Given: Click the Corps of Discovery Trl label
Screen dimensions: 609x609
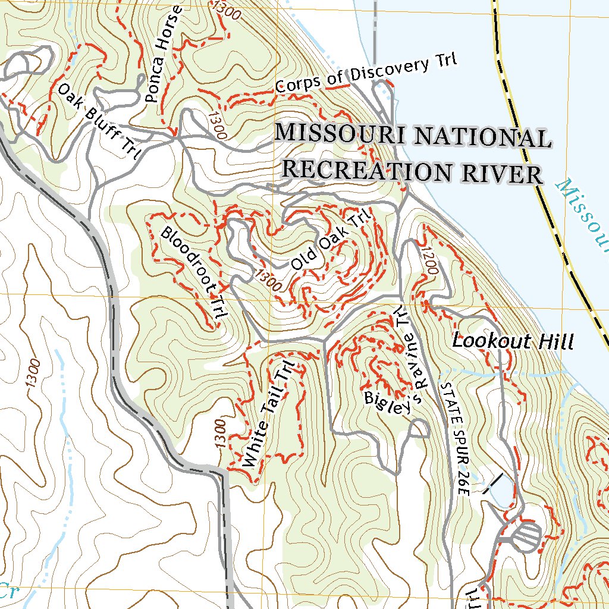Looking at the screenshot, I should pos(366,74).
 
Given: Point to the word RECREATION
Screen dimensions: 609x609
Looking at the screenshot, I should pos(365,170).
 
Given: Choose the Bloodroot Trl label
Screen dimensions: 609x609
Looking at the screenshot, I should pos(192,274).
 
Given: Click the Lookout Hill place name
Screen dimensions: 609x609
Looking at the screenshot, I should pos(513,341).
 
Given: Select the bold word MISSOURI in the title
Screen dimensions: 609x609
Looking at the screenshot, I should pos(341,133).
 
